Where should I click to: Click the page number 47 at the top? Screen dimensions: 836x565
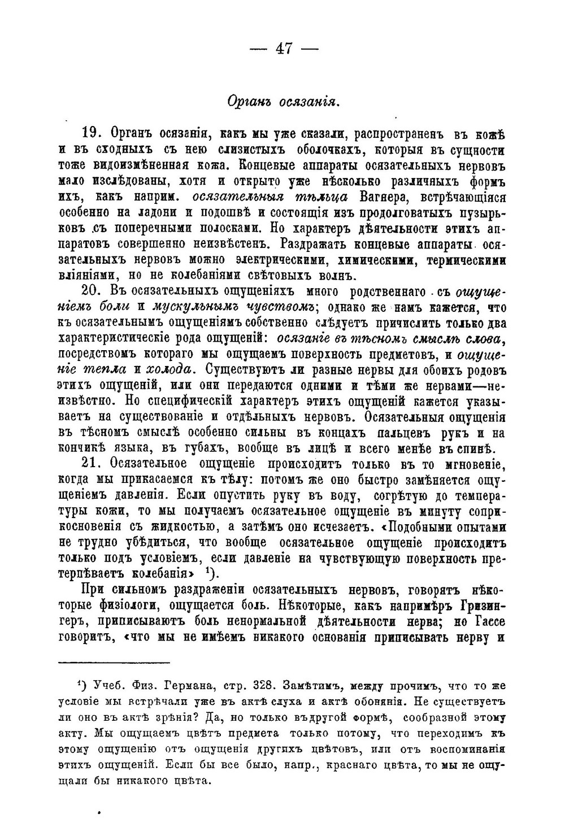click(284, 49)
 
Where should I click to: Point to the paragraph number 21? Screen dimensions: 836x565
click(92, 464)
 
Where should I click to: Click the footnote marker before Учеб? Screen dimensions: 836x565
click(81, 685)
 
